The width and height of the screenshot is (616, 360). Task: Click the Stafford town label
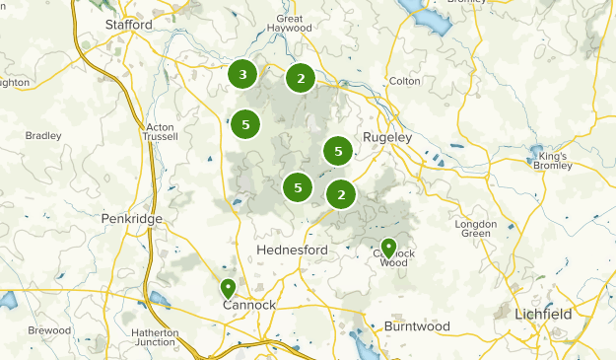click(x=129, y=25)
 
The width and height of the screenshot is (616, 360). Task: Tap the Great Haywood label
click(x=289, y=24)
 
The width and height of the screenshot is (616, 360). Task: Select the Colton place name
click(x=404, y=81)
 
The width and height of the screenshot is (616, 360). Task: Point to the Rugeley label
click(x=386, y=137)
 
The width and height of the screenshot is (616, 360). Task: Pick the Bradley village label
click(x=43, y=136)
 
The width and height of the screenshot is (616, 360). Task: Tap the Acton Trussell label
click(x=159, y=133)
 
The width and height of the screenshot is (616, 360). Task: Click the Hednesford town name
click(x=291, y=251)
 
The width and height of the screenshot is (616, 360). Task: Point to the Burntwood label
click(x=417, y=325)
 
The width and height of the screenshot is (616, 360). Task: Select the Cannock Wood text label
click(x=393, y=257)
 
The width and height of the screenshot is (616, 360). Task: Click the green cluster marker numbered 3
click(x=242, y=74)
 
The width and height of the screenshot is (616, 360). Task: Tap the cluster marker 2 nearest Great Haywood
click(x=301, y=78)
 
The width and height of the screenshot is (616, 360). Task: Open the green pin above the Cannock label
click(x=228, y=288)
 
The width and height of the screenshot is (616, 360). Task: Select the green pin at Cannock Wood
click(x=388, y=248)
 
